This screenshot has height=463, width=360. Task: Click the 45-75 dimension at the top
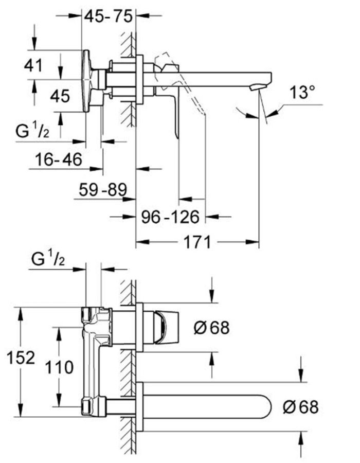[109, 16]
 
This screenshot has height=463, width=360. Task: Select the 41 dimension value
[33, 65]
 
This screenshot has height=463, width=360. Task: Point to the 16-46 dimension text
[59, 159]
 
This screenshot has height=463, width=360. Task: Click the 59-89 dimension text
[103, 189]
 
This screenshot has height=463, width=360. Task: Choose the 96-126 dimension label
[170, 217]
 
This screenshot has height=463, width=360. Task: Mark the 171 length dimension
[197, 242]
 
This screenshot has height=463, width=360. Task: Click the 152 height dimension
[21, 358]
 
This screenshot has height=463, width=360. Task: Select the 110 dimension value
[59, 367]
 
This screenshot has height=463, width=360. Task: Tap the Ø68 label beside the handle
[211, 328]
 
